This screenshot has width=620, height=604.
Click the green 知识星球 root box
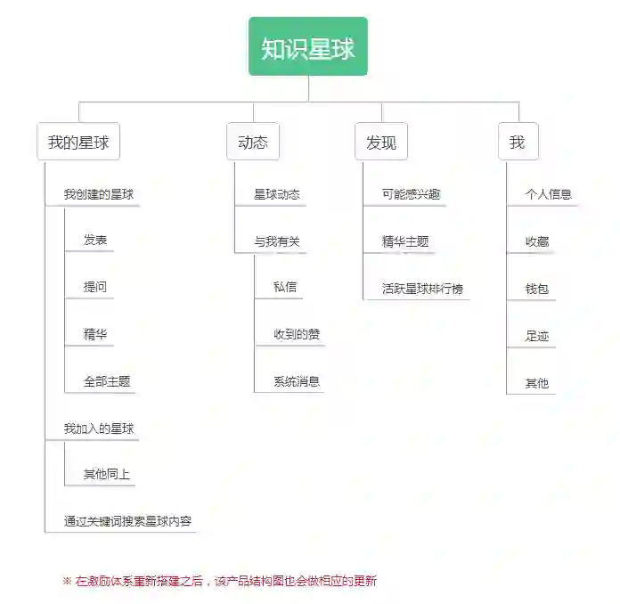[x=307, y=47]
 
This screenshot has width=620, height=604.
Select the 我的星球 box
[x=78, y=143]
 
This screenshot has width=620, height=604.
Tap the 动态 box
[x=253, y=143]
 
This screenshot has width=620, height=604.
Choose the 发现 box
[x=381, y=143]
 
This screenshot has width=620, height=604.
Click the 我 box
[x=518, y=143]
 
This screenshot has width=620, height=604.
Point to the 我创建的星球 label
[x=99, y=194]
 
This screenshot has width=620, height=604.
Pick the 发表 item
[x=95, y=241]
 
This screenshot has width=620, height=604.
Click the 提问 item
[x=95, y=288]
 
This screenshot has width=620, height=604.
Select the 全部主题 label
[x=107, y=381]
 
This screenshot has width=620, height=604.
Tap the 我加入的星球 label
[x=99, y=429]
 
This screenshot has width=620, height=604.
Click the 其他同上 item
[x=107, y=474]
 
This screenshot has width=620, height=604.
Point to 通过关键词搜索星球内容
[x=127, y=521]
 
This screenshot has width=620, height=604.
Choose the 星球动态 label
[x=276, y=194]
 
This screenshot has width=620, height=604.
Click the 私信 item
[x=285, y=287]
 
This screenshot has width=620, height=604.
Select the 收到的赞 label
[x=297, y=335]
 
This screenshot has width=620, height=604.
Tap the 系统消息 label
[x=297, y=381]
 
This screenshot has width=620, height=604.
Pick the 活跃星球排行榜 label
[x=422, y=289]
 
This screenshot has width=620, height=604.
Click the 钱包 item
[x=537, y=289]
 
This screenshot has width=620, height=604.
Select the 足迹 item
[x=537, y=336]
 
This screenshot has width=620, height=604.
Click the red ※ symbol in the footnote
[x=67, y=581]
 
